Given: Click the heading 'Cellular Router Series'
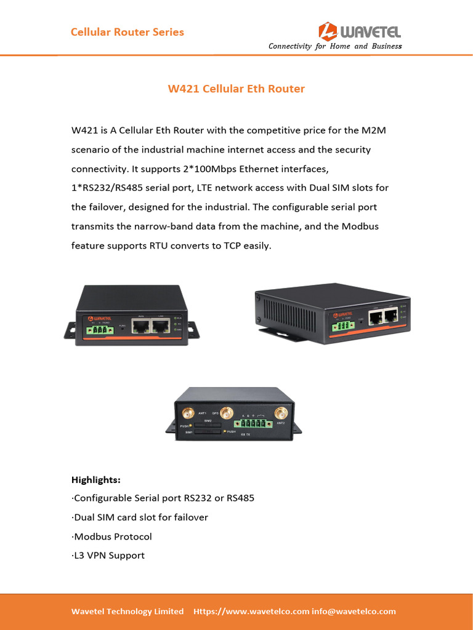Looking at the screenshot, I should point(127,32).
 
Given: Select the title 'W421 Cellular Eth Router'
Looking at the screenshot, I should point(236,89).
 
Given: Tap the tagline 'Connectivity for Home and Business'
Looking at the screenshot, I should point(335,46).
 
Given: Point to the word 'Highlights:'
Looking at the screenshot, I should point(96,479).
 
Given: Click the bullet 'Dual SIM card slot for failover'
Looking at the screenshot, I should point(140,517).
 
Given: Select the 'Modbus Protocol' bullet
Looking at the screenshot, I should point(111,536).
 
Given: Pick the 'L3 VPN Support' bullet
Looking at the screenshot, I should point(108,556).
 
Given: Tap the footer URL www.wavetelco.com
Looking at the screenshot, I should point(251,612).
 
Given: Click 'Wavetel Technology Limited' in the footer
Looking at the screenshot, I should point(127,612).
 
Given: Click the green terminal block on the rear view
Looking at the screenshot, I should point(254,423).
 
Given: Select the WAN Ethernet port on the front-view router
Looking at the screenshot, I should point(142,326).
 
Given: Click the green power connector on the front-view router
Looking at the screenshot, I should point(100,330).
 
